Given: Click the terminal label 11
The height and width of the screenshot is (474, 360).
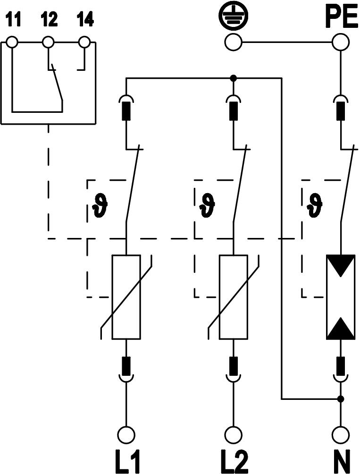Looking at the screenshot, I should point(14,20).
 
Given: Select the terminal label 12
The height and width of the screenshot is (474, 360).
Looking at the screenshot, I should point(49,20).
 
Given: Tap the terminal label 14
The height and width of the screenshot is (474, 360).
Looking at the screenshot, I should point(85,20).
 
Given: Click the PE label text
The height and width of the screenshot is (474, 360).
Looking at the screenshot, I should point(340,19).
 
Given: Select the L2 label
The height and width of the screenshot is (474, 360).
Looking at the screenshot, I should point(233,461).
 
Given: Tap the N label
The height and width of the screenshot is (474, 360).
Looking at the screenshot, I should point(340,461).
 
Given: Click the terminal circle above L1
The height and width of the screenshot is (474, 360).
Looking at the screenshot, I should point(126,433).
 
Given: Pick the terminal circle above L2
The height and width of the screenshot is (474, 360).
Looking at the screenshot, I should point(233,433).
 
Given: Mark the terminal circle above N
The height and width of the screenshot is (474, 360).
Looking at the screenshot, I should point(340,433).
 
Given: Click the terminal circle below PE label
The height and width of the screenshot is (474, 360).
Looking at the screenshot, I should point(340,43).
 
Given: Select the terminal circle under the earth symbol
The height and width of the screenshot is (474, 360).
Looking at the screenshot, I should point(233,43).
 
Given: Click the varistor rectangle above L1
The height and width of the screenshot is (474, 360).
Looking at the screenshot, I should point(126,297).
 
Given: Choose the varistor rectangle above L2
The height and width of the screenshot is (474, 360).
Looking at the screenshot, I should point(233,297).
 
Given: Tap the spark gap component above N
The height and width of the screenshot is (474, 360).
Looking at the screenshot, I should point(340,297).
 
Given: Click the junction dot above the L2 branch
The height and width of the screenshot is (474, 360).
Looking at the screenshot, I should point(233,78).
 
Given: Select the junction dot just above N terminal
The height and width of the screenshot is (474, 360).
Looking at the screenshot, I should point(340,399).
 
